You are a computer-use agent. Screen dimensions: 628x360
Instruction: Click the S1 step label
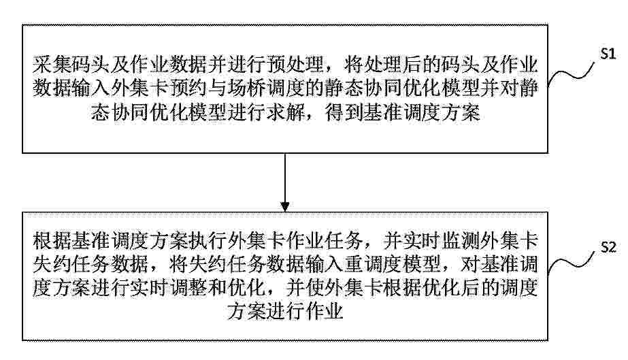pyautogui.click(x=608, y=54)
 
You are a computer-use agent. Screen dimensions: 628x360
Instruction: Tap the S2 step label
pyautogui.click(x=608, y=248)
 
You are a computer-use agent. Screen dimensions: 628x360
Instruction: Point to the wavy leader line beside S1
pyautogui.click(x=571, y=74)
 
